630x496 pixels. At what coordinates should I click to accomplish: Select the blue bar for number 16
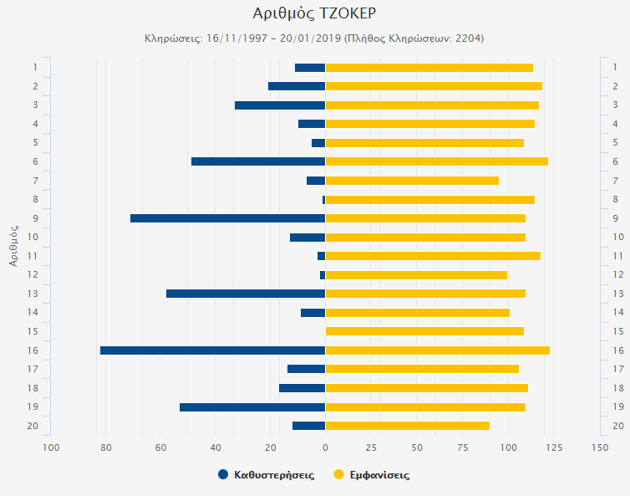212,350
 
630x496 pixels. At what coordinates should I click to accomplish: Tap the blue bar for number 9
227,218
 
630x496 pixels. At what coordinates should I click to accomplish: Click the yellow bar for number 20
407,426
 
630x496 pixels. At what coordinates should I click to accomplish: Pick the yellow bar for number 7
412,181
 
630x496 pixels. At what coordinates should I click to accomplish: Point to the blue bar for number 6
258,161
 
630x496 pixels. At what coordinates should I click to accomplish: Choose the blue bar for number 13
246,294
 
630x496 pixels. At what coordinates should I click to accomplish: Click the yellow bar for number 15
424,331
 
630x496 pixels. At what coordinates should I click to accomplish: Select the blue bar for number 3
280,105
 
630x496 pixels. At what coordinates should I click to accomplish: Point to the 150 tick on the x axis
599,447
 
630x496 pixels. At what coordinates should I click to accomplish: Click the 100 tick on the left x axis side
51,447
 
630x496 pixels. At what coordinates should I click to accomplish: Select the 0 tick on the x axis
325,447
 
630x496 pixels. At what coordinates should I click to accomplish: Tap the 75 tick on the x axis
462,447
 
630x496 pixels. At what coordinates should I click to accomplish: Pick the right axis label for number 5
617,143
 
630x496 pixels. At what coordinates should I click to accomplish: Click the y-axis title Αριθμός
14,245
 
